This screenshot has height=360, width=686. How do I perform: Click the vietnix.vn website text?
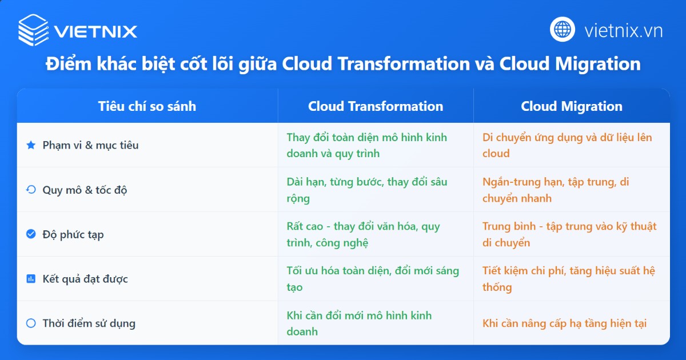pos(623,30)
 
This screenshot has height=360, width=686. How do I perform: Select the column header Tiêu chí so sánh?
pos(147,106)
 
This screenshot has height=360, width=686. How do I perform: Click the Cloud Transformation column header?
pos(376,106)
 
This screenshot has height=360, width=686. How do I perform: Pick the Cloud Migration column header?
pos(572,106)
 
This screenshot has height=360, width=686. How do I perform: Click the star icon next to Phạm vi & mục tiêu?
pos(31,145)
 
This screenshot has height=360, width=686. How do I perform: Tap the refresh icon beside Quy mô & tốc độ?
pos(31,190)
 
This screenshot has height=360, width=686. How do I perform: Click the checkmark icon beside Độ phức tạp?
pos(31,234)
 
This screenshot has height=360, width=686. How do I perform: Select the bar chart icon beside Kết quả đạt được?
pos(31,279)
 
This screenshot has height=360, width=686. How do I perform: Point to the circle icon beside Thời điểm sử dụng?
pos(31,323)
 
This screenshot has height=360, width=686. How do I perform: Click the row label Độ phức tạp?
pos(73,234)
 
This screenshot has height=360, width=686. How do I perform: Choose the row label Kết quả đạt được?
pos(85,279)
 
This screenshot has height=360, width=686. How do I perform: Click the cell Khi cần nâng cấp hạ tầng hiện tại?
pos(564,323)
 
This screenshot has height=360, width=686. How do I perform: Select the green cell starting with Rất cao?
pos(363,234)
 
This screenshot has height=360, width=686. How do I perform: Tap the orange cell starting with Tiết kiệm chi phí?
pos(568,279)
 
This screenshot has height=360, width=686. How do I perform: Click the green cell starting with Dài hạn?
pos(366,190)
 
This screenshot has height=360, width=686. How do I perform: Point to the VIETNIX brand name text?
pos(95,30)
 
